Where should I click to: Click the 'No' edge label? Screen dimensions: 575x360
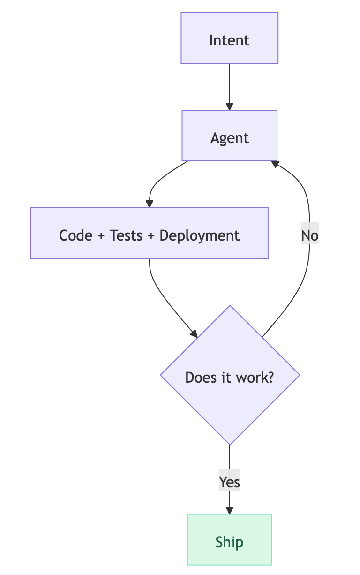coord(309,235)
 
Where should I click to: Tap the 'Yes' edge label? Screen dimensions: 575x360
coord(229,482)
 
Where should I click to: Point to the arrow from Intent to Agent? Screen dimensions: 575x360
coord(229,87)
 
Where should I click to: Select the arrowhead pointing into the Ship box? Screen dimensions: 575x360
coord(229,510)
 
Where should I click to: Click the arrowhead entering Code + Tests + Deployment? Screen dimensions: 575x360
coord(149,204)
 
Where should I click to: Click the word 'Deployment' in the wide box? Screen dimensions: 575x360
coord(200,235)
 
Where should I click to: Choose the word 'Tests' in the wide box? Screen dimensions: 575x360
coord(126,235)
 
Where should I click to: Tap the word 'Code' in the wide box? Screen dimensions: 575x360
coord(76,235)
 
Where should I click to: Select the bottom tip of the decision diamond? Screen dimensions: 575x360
coord(230,444)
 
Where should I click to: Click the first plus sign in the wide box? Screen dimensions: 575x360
coord(101,236)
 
